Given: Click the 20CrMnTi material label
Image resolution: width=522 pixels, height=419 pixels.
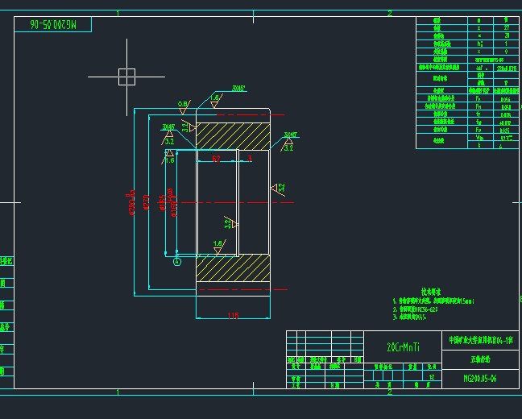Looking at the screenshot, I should click(x=404, y=347).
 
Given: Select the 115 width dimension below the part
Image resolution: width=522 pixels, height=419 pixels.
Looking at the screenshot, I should click(x=233, y=315).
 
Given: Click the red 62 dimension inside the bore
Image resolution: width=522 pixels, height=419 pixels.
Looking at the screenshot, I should click(x=216, y=160).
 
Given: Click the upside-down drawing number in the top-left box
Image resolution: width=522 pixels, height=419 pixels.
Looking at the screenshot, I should click(x=52, y=25).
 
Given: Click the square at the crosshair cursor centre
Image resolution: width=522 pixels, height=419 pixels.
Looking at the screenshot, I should click(x=126, y=77).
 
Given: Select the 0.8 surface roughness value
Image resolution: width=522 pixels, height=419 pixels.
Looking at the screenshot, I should click(x=183, y=104).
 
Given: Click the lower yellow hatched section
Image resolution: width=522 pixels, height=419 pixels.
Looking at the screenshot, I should click(x=233, y=268).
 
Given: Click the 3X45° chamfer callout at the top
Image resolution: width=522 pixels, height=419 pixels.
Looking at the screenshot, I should click(x=239, y=89).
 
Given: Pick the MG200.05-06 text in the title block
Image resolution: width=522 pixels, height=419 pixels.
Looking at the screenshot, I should click(x=481, y=378).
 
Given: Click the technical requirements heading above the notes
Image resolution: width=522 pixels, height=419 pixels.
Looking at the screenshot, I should click(x=432, y=292).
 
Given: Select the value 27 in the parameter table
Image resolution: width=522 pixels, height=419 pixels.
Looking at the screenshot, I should click(x=506, y=28).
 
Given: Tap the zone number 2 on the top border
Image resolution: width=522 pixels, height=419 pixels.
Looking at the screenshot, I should click(x=389, y=13).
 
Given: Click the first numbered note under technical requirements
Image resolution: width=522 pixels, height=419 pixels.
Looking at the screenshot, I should click(x=436, y=301).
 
